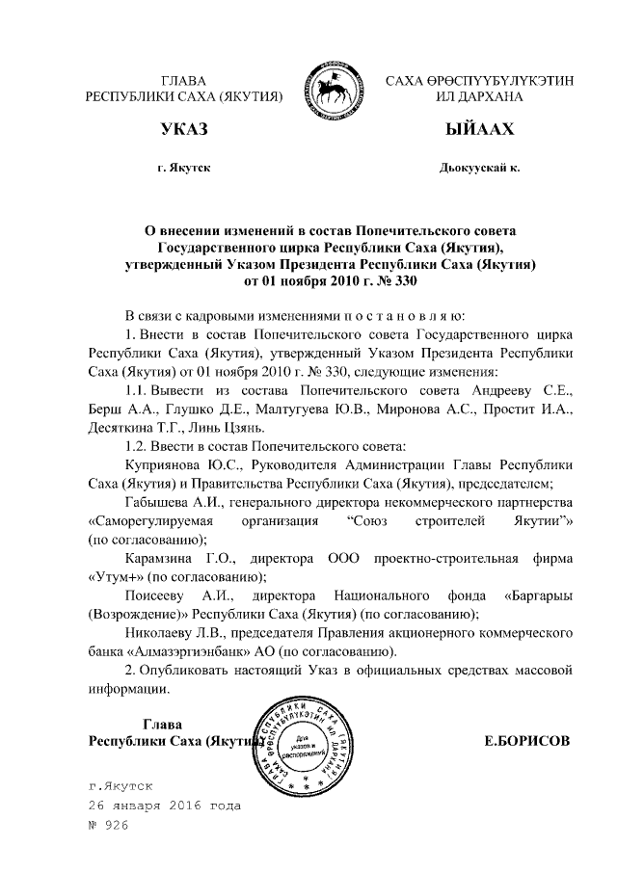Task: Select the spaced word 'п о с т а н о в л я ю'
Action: click(x=399, y=316)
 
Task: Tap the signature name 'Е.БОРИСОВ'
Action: click(x=525, y=741)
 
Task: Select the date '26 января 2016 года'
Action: click(x=163, y=805)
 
